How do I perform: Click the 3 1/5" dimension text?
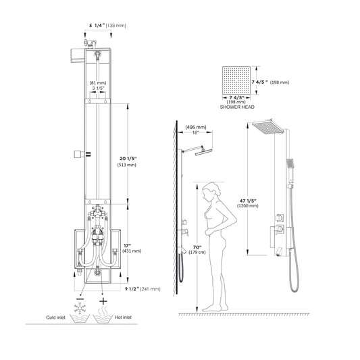97,88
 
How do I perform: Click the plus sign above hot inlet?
103,300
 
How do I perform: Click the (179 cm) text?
198,253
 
